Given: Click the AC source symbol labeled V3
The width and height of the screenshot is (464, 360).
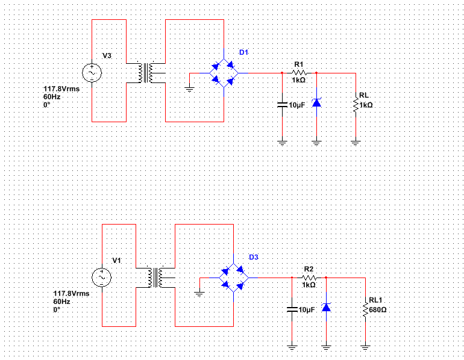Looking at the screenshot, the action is click(x=92, y=73).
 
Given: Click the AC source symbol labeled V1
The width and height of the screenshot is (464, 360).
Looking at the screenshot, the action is click(x=101, y=278).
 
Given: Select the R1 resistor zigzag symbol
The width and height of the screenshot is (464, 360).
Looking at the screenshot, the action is click(x=299, y=73).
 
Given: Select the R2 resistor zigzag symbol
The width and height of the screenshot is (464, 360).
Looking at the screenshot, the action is click(x=309, y=278).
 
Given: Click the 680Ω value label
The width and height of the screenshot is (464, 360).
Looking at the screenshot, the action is click(x=378, y=310).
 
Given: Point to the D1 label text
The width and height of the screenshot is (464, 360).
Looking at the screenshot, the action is click(x=243, y=52).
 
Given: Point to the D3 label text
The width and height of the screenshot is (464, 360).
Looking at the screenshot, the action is click(x=254, y=257).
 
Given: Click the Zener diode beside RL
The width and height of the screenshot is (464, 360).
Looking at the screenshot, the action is click(x=316, y=102).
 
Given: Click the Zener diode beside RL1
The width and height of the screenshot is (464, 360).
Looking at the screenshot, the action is click(x=326, y=307).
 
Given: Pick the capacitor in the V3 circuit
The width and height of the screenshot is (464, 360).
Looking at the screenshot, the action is click(x=282, y=105).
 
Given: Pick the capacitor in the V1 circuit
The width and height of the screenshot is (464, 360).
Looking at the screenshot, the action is click(x=292, y=309).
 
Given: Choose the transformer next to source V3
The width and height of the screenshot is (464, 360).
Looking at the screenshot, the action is click(x=146, y=73).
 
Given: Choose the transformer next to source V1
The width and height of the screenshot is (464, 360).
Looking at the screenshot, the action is click(x=155, y=278).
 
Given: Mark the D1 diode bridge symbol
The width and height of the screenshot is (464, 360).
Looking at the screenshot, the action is click(x=224, y=73).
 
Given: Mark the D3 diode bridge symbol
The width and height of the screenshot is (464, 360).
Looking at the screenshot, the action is click(x=233, y=278).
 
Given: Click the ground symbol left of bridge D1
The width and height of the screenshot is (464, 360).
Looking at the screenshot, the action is click(x=189, y=89).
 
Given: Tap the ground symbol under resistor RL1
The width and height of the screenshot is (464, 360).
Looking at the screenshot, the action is click(x=365, y=348).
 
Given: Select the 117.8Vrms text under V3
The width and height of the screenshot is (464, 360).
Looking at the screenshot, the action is click(x=61, y=88).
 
